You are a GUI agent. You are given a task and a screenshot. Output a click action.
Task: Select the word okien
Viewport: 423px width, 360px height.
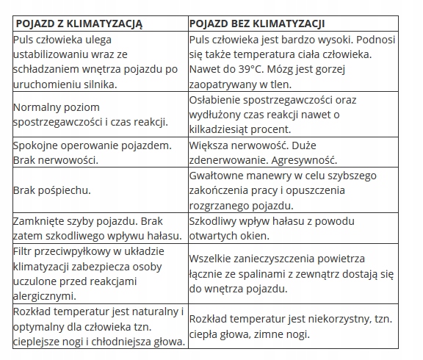256,236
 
